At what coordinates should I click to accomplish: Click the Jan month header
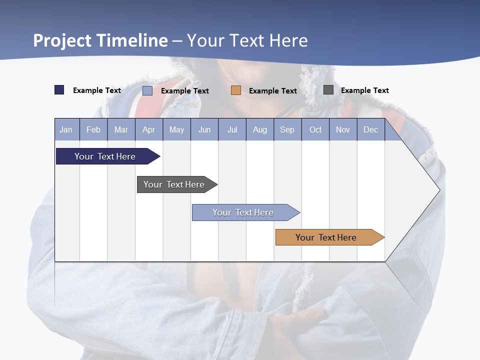(66, 130)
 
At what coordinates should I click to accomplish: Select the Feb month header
(93, 130)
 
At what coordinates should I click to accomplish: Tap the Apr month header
(148, 130)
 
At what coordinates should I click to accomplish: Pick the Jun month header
(204, 130)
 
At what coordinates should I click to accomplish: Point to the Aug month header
(259, 130)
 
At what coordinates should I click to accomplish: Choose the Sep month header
(287, 130)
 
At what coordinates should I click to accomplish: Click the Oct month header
(315, 130)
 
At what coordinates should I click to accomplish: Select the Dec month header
(370, 130)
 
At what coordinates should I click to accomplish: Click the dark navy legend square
(59, 90)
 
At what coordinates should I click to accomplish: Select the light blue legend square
(147, 90)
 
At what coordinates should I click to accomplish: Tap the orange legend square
(236, 90)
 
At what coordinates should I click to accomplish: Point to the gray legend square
(328, 90)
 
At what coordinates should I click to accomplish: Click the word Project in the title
(62, 40)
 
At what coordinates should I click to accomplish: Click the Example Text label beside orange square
(272, 91)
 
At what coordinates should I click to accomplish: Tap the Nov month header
(342, 130)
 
